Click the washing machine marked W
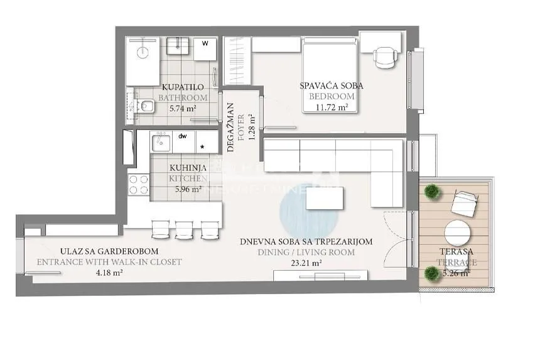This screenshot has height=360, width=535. click(x=205, y=49)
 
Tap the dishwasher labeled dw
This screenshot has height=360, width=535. click(x=183, y=142)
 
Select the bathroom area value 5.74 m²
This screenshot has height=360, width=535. click(x=183, y=108)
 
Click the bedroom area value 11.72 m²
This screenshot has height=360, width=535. click(x=332, y=107)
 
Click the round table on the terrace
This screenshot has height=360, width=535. click(x=458, y=234)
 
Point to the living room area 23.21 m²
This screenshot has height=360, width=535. click(x=307, y=263)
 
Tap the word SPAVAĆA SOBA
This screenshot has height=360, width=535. click(x=332, y=85)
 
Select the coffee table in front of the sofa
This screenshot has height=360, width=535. click(x=325, y=199)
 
